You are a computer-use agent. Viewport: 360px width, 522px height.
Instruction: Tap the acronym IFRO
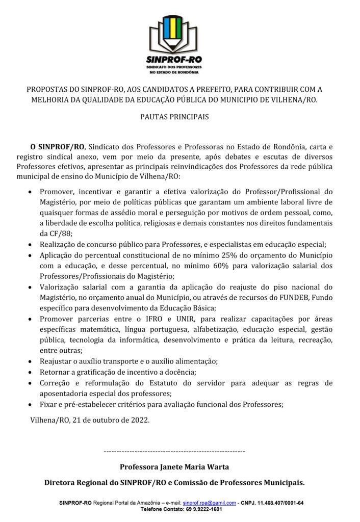(x=153, y=319)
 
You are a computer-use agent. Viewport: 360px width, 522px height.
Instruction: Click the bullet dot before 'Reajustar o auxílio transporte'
(x=32, y=361)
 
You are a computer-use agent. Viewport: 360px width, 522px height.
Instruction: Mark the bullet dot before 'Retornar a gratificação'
(x=32, y=372)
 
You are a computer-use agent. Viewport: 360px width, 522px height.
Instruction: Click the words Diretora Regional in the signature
(x=75, y=482)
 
